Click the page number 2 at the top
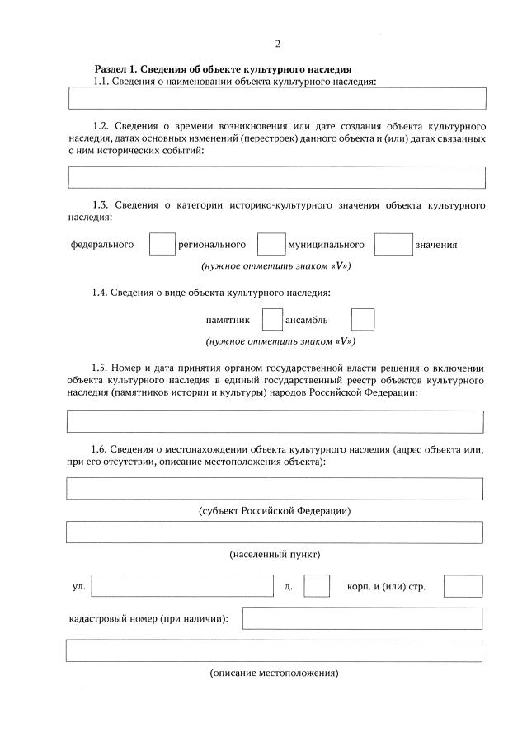click(277, 44)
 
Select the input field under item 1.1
click(276, 99)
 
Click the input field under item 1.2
click(276, 177)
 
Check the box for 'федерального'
click(162, 245)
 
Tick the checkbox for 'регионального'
click(271, 245)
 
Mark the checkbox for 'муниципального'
click(393, 245)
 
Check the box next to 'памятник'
click(272, 320)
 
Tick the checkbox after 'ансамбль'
click(363, 320)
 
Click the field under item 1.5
click(275, 422)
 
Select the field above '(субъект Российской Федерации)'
click(275, 489)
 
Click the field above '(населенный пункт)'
click(275, 533)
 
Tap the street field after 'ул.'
click(182, 586)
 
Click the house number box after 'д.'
click(317, 586)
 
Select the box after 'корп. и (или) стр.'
click(463, 586)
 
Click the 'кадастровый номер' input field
click(362, 618)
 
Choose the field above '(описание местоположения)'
click(275, 651)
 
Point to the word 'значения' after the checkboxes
click(436, 245)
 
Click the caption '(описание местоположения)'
click(275, 673)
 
